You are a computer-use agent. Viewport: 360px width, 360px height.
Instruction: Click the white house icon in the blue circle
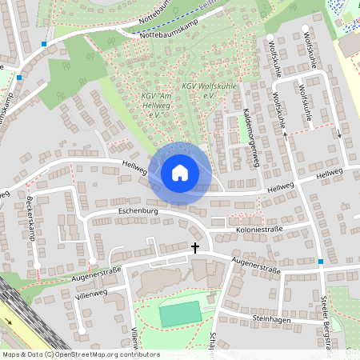click(x=180, y=172)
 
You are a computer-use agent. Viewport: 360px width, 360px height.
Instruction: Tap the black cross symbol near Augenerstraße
click(x=194, y=248)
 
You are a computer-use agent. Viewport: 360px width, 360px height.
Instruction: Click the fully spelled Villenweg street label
click(x=90, y=294)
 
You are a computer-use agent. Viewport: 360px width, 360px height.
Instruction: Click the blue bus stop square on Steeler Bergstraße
click(x=321, y=262)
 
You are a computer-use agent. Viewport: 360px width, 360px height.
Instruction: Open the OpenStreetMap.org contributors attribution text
click(x=104, y=354)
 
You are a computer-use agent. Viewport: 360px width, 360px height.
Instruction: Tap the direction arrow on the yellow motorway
click(x=9, y=322)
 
